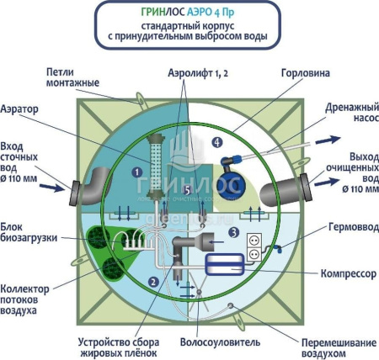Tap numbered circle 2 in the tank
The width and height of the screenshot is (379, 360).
[x=152, y=281]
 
